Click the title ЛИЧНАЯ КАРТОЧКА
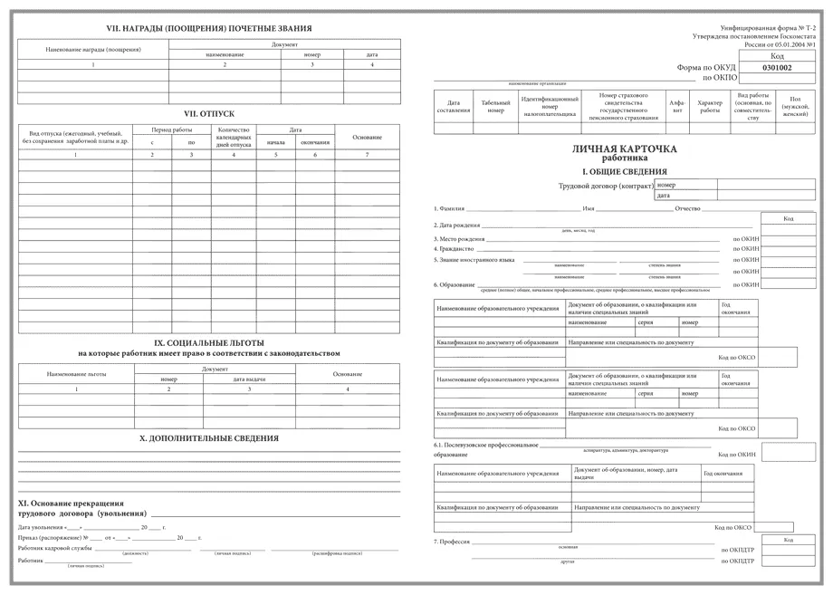(x=625, y=148)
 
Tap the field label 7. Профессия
(x=452, y=541)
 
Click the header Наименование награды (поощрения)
(x=93, y=49)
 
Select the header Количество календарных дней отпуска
(x=234, y=137)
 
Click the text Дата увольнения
(x=37, y=526)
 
